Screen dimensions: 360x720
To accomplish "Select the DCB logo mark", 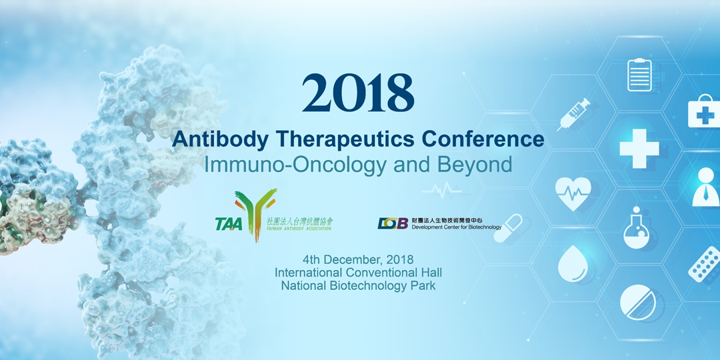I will (393, 223).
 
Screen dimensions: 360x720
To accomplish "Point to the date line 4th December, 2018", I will (357, 259).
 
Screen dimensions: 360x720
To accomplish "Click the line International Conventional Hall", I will (357, 273).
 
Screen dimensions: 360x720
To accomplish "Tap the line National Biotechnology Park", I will (357, 286).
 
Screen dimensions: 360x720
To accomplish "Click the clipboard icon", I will (639, 75).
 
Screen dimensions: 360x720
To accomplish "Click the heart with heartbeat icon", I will (573, 193).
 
